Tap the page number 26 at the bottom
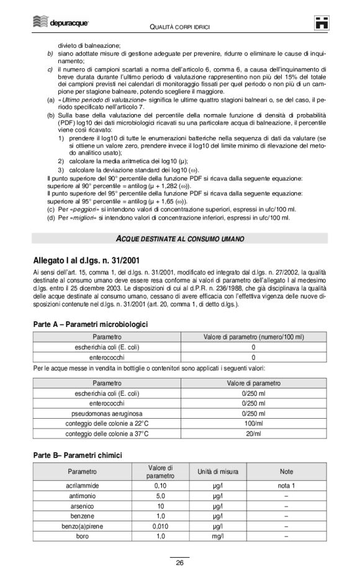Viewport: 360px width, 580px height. click(179, 563)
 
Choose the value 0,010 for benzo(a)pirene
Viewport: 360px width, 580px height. click(160, 525)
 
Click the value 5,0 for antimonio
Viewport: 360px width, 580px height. click(160, 496)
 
